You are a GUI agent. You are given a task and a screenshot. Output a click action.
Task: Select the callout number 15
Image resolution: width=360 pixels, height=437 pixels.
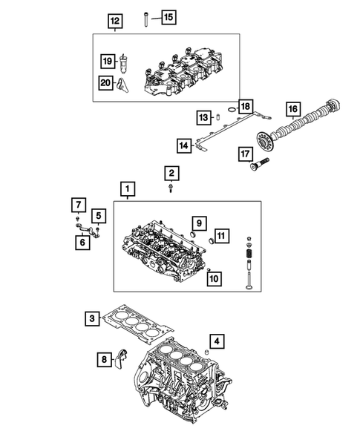point(168,16)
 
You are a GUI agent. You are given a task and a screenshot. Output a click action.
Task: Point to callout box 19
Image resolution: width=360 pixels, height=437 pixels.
point(108,61)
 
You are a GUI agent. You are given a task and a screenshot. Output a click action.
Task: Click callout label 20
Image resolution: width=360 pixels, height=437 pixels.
point(108,82)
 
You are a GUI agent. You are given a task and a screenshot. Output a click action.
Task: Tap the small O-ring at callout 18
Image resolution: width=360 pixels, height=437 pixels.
point(232,110)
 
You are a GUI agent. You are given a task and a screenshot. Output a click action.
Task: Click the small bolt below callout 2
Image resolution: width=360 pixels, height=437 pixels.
point(171,189)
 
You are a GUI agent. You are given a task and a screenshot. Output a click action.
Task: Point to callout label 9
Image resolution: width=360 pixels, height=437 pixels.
point(199,222)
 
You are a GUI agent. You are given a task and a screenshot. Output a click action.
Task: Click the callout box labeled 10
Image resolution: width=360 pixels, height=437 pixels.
point(214,279)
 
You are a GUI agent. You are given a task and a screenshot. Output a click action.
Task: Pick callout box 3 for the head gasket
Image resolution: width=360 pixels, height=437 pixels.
point(91,319)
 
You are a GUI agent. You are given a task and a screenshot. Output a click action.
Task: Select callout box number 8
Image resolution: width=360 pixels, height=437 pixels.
point(105,360)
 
